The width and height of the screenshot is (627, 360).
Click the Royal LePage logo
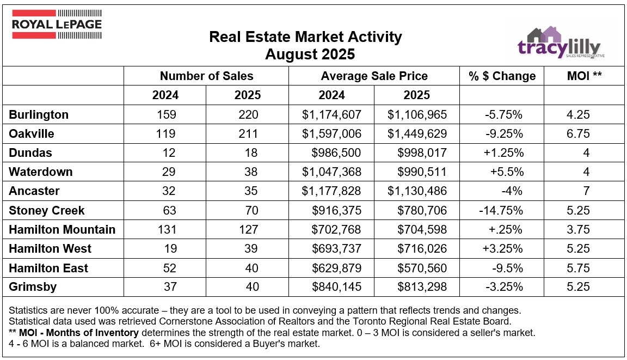click(x=56, y=25)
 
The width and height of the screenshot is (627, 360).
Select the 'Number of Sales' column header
click(x=206, y=76)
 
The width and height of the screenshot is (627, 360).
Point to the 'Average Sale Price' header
click(x=374, y=76)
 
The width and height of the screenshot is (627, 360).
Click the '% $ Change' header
click(x=502, y=76)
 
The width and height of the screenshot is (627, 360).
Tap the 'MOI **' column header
click(x=584, y=76)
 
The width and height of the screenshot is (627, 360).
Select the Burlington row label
click(x=39, y=115)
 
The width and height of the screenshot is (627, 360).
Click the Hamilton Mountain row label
click(x=62, y=229)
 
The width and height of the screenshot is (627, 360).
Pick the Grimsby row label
click(x=33, y=286)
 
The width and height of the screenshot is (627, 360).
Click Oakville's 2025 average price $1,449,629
click(x=417, y=134)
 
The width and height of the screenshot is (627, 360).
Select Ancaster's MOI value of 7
click(x=586, y=191)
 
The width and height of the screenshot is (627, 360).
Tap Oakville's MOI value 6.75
click(x=579, y=134)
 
